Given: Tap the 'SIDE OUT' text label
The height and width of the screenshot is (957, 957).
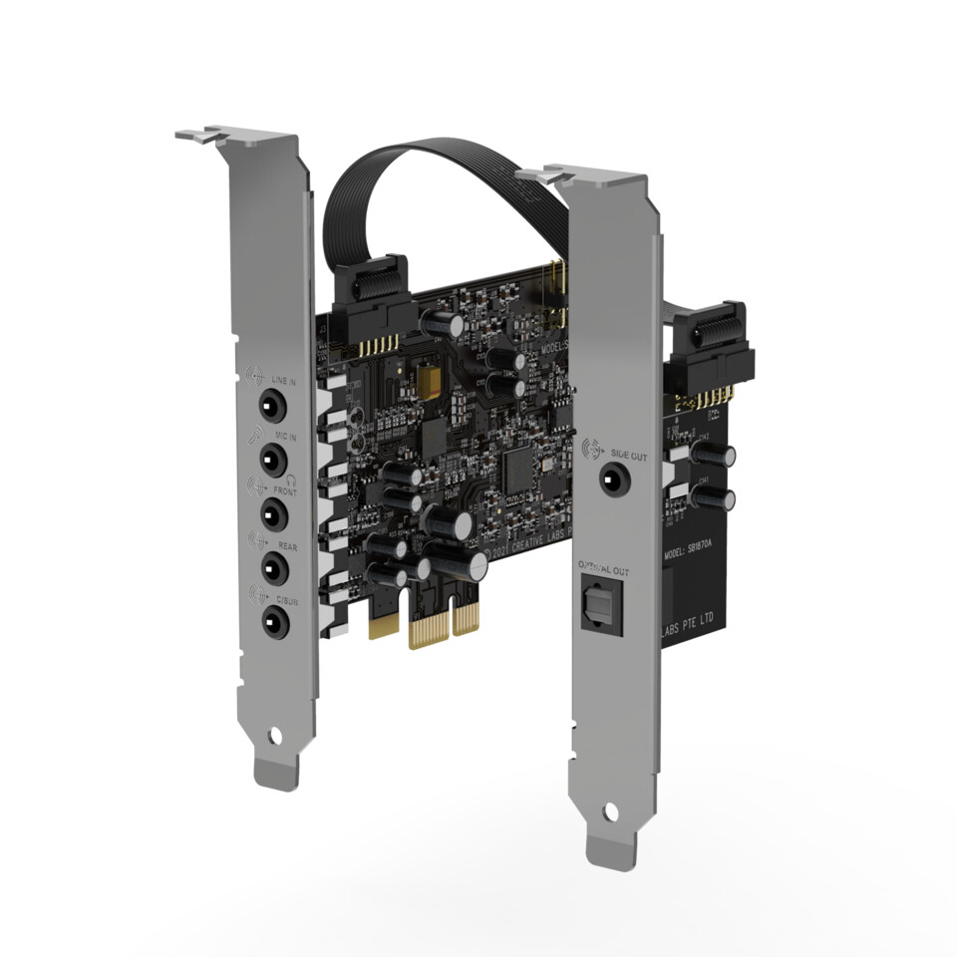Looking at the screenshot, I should point(628,455).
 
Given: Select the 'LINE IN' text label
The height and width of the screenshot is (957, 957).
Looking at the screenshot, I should point(284,380).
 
